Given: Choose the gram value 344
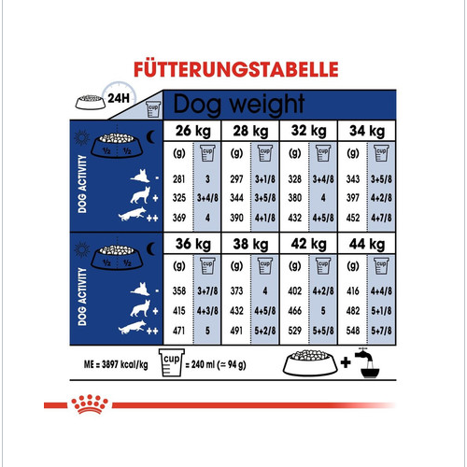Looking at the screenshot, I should (x=234, y=197).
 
